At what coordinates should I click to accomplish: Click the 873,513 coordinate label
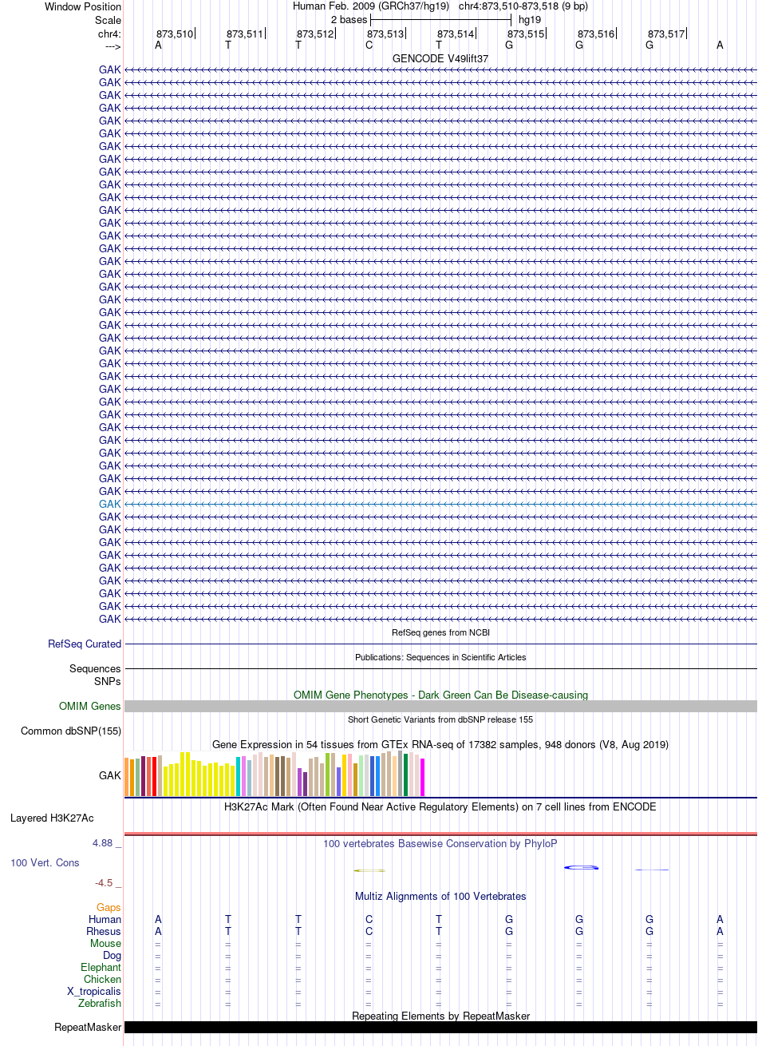pos(385,34)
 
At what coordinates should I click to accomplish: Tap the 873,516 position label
pos(595,34)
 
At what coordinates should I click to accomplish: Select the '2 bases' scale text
pos(349,20)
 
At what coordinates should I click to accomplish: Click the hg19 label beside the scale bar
pos(530,20)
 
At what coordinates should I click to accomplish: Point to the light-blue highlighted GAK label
pos(109,504)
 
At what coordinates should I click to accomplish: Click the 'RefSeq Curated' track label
pos(85,644)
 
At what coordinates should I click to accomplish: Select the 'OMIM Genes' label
pos(89,706)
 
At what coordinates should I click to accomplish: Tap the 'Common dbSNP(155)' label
pos(71,731)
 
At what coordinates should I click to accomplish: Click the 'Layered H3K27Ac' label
pos(52,818)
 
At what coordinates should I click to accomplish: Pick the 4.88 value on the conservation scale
pos(102,843)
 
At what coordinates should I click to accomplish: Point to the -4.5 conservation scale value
pos(104,882)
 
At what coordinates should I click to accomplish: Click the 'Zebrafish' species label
pos(100,1003)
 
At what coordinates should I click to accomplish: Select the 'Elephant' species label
pos(101,967)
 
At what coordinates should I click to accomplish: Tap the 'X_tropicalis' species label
pos(94,991)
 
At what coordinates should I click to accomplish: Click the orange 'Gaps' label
pos(109,907)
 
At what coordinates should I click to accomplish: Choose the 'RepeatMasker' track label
pos(88,1027)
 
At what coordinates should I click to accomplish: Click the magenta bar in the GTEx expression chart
pos(422,777)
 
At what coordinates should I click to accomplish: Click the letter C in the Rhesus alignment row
pos(369,931)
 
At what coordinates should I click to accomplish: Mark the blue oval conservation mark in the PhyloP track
pos(581,867)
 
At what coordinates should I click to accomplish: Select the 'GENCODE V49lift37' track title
pos(440,58)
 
